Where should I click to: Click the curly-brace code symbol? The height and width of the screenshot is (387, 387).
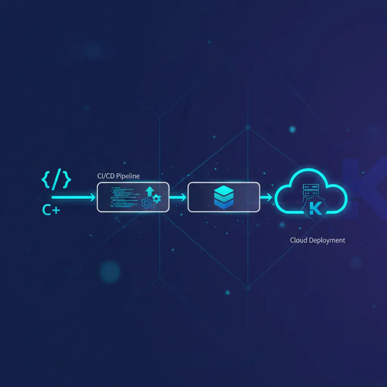56,181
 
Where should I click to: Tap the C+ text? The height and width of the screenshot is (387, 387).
51,211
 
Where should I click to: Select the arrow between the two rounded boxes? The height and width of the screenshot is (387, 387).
178,197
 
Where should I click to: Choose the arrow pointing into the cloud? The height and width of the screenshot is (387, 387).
266,197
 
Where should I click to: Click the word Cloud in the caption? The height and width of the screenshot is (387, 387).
298,240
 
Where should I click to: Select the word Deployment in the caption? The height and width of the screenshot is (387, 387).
327,240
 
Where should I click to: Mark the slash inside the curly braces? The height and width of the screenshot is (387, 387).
56,181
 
